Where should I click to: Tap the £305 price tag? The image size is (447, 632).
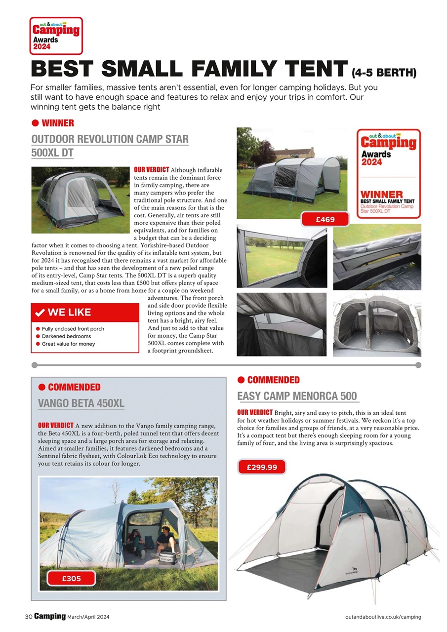[71, 578]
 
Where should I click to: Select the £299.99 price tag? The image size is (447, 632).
[262, 467]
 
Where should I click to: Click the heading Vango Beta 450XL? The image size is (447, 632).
[81, 403]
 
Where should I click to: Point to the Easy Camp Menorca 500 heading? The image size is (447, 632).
[297, 396]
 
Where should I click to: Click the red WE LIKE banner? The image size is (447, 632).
[85, 313]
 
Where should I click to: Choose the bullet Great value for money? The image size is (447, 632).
[68, 344]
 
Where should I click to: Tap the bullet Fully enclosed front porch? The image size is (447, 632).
[73, 329]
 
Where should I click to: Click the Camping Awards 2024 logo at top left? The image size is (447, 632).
[56, 36]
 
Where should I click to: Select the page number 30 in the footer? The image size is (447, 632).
[29, 617]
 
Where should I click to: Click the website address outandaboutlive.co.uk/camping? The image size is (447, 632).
[383, 617]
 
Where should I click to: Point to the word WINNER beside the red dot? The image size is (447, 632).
[58, 123]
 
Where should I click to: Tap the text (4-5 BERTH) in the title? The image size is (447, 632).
[384, 74]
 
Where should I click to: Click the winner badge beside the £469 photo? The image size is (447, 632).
[388, 173]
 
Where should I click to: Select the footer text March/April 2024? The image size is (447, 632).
[89, 617]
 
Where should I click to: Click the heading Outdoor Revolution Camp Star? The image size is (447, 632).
[110, 139]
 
